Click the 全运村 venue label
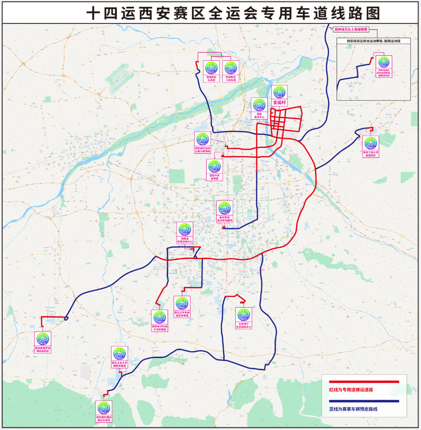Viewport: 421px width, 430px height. click(x=279, y=103)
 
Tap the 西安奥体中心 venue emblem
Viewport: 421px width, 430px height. click(x=259, y=105)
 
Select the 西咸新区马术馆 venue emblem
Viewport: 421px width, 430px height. click(x=211, y=68)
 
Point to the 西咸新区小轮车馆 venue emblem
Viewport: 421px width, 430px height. click(x=230, y=68)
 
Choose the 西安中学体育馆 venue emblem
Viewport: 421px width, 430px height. click(x=215, y=167)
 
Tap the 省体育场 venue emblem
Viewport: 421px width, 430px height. click(x=225, y=208)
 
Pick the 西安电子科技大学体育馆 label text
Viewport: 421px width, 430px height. click(x=159, y=327)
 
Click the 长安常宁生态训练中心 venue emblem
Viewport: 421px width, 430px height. click(x=243, y=314)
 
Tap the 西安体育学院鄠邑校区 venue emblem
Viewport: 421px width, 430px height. click(x=43, y=339)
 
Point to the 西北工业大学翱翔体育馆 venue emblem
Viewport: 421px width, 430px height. click(x=120, y=354)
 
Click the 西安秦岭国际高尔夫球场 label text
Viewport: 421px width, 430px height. click(x=104, y=419)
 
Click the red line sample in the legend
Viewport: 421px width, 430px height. click(x=364, y=382)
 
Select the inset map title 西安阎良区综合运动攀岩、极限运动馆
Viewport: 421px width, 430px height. click(x=373, y=40)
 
